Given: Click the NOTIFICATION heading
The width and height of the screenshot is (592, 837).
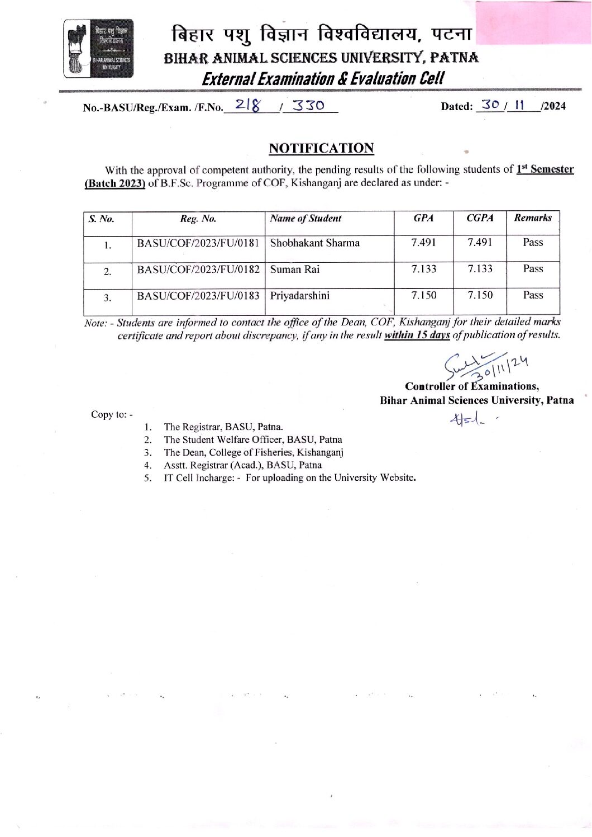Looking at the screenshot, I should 321,148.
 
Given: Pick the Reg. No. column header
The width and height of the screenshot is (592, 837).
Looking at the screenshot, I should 198,219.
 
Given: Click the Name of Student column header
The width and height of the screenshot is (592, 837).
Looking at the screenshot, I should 305,219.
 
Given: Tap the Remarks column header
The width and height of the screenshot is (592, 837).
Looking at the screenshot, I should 533,218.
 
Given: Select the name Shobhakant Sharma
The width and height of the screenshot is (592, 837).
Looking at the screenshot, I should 315,243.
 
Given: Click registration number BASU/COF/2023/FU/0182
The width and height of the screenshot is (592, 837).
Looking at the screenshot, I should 199,269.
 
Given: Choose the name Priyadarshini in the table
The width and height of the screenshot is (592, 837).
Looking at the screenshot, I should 300,295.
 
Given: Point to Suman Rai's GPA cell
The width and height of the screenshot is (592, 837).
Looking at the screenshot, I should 424,269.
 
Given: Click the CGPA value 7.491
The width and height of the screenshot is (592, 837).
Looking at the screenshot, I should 480,243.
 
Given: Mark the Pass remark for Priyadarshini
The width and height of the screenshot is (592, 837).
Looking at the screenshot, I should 533,295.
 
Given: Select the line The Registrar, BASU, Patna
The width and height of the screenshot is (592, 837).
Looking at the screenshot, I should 223,427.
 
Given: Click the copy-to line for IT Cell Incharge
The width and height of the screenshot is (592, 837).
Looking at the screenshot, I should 289,477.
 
